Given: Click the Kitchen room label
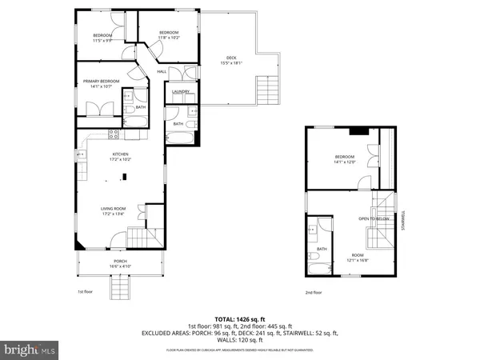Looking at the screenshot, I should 120,156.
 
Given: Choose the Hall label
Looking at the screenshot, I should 161,72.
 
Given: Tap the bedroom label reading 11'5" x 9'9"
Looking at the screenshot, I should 102,37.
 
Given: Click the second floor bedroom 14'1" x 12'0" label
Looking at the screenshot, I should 345,158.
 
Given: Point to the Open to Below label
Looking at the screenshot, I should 373,219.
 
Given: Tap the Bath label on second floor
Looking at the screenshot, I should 321,249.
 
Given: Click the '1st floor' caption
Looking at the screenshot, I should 85,292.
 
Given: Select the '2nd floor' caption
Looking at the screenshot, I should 313,292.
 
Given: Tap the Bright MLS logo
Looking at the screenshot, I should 30,349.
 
